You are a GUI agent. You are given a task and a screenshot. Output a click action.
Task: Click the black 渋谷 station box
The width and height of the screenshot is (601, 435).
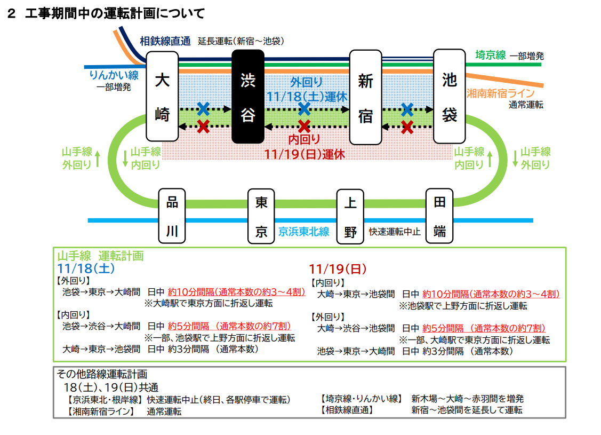(248, 97)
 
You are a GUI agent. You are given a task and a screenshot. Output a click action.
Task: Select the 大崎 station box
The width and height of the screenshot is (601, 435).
(162, 97)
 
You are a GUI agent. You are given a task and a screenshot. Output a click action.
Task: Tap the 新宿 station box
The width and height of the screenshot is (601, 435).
(365, 97)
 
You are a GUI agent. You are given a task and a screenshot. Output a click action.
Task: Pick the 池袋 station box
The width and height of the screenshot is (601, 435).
(450, 97)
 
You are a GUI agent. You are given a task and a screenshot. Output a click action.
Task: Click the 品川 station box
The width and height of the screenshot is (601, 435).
(172, 216)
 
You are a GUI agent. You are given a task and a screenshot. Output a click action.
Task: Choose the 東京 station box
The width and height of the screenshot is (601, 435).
(261, 216)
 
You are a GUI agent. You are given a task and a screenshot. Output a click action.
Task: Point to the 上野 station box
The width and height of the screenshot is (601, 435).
(350, 216)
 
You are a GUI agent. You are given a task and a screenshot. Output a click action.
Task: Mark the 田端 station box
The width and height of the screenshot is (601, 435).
(439, 216)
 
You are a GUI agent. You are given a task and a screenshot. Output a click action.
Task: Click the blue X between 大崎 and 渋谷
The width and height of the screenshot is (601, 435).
(203, 109)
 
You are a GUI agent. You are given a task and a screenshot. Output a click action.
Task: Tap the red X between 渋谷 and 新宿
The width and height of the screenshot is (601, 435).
(304, 126)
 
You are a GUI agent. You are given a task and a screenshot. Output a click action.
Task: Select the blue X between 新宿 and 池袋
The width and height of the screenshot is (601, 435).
(407, 109)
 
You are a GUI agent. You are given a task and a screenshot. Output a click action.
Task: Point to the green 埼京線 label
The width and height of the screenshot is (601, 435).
(490, 54)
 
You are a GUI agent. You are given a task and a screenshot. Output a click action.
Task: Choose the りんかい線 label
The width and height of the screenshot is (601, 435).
(114, 75)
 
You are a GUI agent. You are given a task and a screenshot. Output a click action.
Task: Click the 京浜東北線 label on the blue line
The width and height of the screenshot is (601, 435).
(303, 232)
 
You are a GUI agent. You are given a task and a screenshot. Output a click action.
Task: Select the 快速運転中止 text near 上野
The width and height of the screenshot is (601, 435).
(395, 232)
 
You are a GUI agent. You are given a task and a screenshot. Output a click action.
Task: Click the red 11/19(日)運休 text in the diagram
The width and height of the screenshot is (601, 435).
(304, 154)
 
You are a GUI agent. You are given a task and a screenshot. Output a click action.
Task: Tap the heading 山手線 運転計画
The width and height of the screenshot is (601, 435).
(101, 256)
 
